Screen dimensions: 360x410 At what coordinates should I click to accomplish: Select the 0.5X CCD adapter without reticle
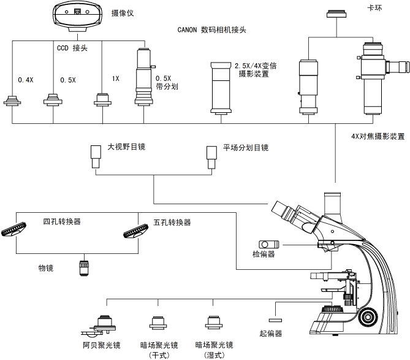pyautogui.click(x=55, y=99)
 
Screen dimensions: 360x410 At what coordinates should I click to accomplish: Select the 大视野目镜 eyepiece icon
pyautogui.click(x=96, y=157)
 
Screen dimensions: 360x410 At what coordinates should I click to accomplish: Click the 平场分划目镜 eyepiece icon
pyautogui.click(x=212, y=157)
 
